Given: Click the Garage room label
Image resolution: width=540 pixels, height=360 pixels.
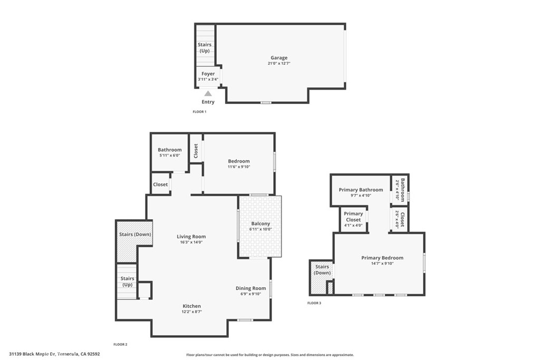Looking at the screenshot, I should [x=279, y=58].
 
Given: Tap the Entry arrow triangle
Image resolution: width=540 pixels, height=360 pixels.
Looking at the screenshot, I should [x=208, y=94].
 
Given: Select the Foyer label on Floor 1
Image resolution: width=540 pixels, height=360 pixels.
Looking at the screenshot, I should [x=208, y=74].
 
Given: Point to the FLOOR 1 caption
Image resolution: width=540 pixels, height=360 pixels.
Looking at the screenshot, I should [x=199, y=112].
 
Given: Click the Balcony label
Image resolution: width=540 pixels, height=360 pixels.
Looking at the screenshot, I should [x=261, y=223].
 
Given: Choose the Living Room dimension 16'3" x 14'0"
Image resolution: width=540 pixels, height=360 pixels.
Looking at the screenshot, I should [x=191, y=242].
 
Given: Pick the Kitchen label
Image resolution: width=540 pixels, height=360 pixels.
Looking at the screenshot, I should [x=191, y=306].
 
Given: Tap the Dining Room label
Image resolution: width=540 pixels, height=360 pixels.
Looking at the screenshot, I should [x=250, y=288].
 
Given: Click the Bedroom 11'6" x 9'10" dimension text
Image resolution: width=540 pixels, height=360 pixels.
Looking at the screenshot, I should [x=239, y=167].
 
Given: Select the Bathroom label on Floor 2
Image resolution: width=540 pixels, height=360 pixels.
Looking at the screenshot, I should [x=170, y=150].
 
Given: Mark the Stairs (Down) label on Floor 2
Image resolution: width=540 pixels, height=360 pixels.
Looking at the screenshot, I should [x=135, y=234].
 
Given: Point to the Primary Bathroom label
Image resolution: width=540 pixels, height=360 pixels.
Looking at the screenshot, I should [x=361, y=190].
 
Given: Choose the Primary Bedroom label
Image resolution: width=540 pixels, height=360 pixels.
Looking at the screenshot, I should [x=382, y=258].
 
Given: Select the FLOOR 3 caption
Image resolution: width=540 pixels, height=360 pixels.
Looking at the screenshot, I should [x=314, y=303].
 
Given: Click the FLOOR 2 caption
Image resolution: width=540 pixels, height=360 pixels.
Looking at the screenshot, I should [x=120, y=344].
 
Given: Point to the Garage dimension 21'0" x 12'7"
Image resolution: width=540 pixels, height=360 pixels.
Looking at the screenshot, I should [x=279, y=63].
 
